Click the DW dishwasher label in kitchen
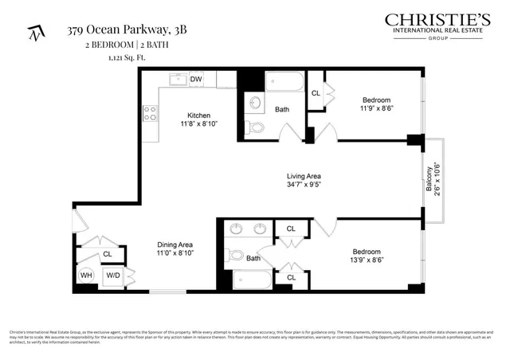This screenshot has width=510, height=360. point(195,79)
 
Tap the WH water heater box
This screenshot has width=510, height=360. point(85,276)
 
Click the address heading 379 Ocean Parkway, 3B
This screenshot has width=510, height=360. point(127,30)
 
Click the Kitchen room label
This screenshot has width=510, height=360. point(198,115)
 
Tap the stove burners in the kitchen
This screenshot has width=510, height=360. point(149,114)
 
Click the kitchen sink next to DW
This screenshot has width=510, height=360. point(177,79)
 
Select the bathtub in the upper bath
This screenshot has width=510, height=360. point(284,82)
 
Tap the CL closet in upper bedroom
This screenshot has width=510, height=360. point(316,93)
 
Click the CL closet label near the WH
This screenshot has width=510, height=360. point(107,255)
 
